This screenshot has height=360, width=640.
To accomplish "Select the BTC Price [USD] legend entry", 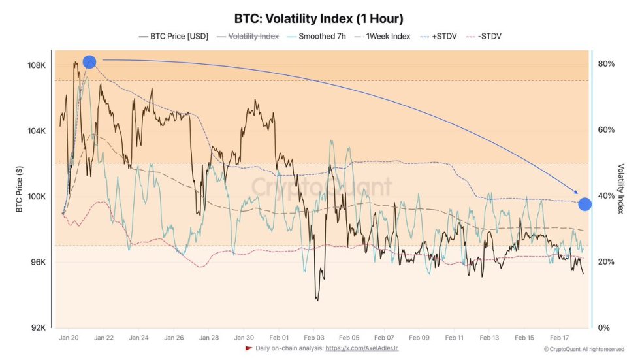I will pyautogui.click(x=174, y=37).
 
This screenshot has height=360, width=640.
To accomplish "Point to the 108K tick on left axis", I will pyautogui.click(x=36, y=65).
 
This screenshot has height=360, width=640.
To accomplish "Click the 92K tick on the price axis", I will pyautogui.click(x=37, y=328).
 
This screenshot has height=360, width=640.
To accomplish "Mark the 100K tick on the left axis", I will pyautogui.click(x=36, y=197).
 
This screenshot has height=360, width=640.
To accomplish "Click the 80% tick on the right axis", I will pyautogui.click(x=606, y=64).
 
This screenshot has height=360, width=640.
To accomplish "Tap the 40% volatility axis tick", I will pyautogui.click(x=606, y=196).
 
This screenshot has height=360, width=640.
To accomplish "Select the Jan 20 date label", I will pyautogui.click(x=69, y=338).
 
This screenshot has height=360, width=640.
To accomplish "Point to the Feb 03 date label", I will pyautogui.click(x=314, y=338).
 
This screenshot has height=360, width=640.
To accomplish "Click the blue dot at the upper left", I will pyautogui.click(x=89, y=62).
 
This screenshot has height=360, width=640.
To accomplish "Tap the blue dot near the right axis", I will pyautogui.click(x=584, y=204).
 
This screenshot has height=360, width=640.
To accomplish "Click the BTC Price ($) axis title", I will pyautogui.click(x=20, y=189).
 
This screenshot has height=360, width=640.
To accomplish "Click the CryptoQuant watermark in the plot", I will pyautogui.click(x=322, y=187).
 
